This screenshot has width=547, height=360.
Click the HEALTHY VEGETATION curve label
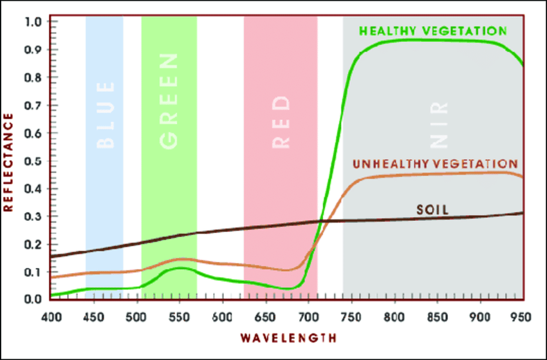point(433,30)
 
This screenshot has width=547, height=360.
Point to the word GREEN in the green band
point(169,102)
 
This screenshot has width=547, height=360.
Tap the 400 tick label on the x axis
point(50,316)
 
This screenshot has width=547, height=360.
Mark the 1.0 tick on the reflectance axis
point(33,22)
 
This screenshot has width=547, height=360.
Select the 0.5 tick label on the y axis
point(33,160)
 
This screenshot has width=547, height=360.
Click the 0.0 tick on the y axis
point(33,299)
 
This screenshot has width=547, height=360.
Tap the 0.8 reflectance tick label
point(33,77)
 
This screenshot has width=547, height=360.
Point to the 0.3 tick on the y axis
point(33,216)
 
